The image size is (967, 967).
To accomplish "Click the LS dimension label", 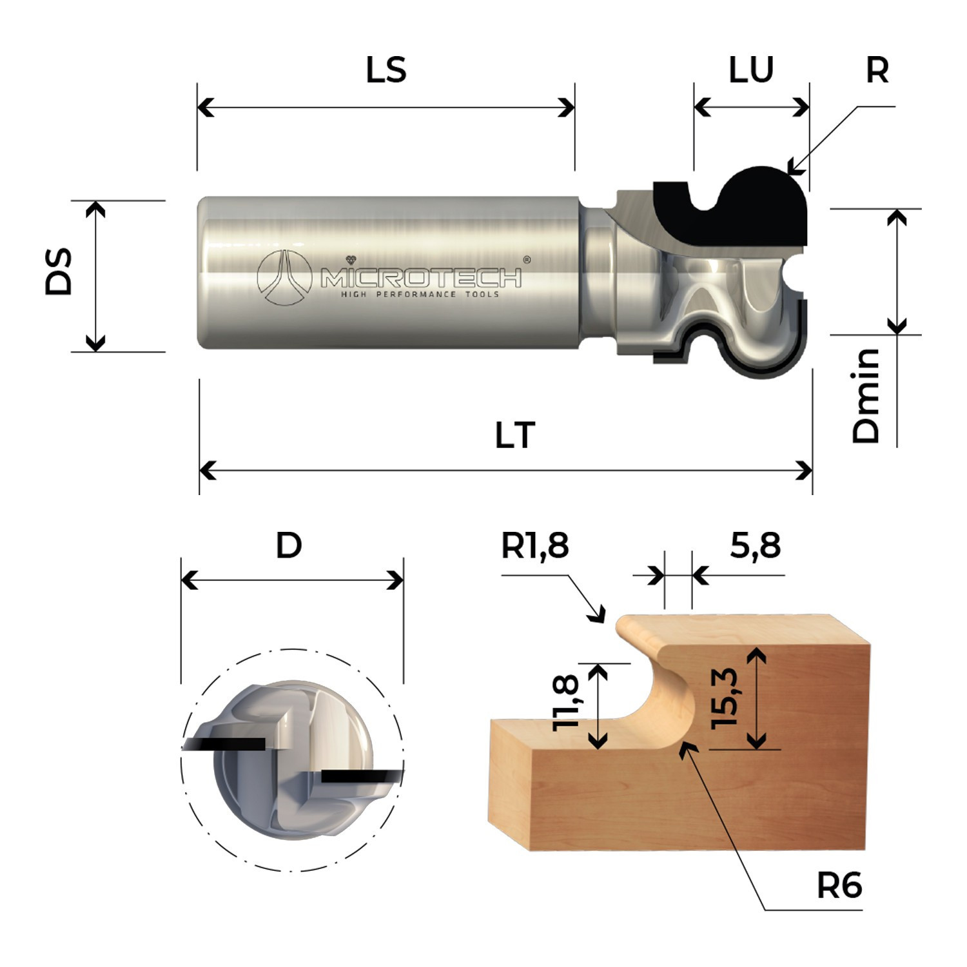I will click(x=386, y=70).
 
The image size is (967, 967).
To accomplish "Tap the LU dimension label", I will click(x=751, y=70).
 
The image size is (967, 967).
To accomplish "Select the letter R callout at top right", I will click(x=877, y=70).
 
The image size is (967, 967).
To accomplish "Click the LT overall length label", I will click(x=515, y=436).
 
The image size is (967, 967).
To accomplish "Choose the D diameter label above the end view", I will click(x=289, y=546).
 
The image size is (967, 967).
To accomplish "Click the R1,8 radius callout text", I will click(x=535, y=546).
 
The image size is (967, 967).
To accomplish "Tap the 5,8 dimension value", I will click(x=755, y=546).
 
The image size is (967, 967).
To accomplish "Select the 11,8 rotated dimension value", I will click(x=567, y=703).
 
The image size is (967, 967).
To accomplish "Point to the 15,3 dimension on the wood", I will click(x=725, y=699).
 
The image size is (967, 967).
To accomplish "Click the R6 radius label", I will click(x=839, y=886).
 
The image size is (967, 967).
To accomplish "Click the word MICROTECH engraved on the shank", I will click(x=422, y=278).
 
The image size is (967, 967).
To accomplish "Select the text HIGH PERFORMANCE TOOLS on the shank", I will click(x=420, y=295).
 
